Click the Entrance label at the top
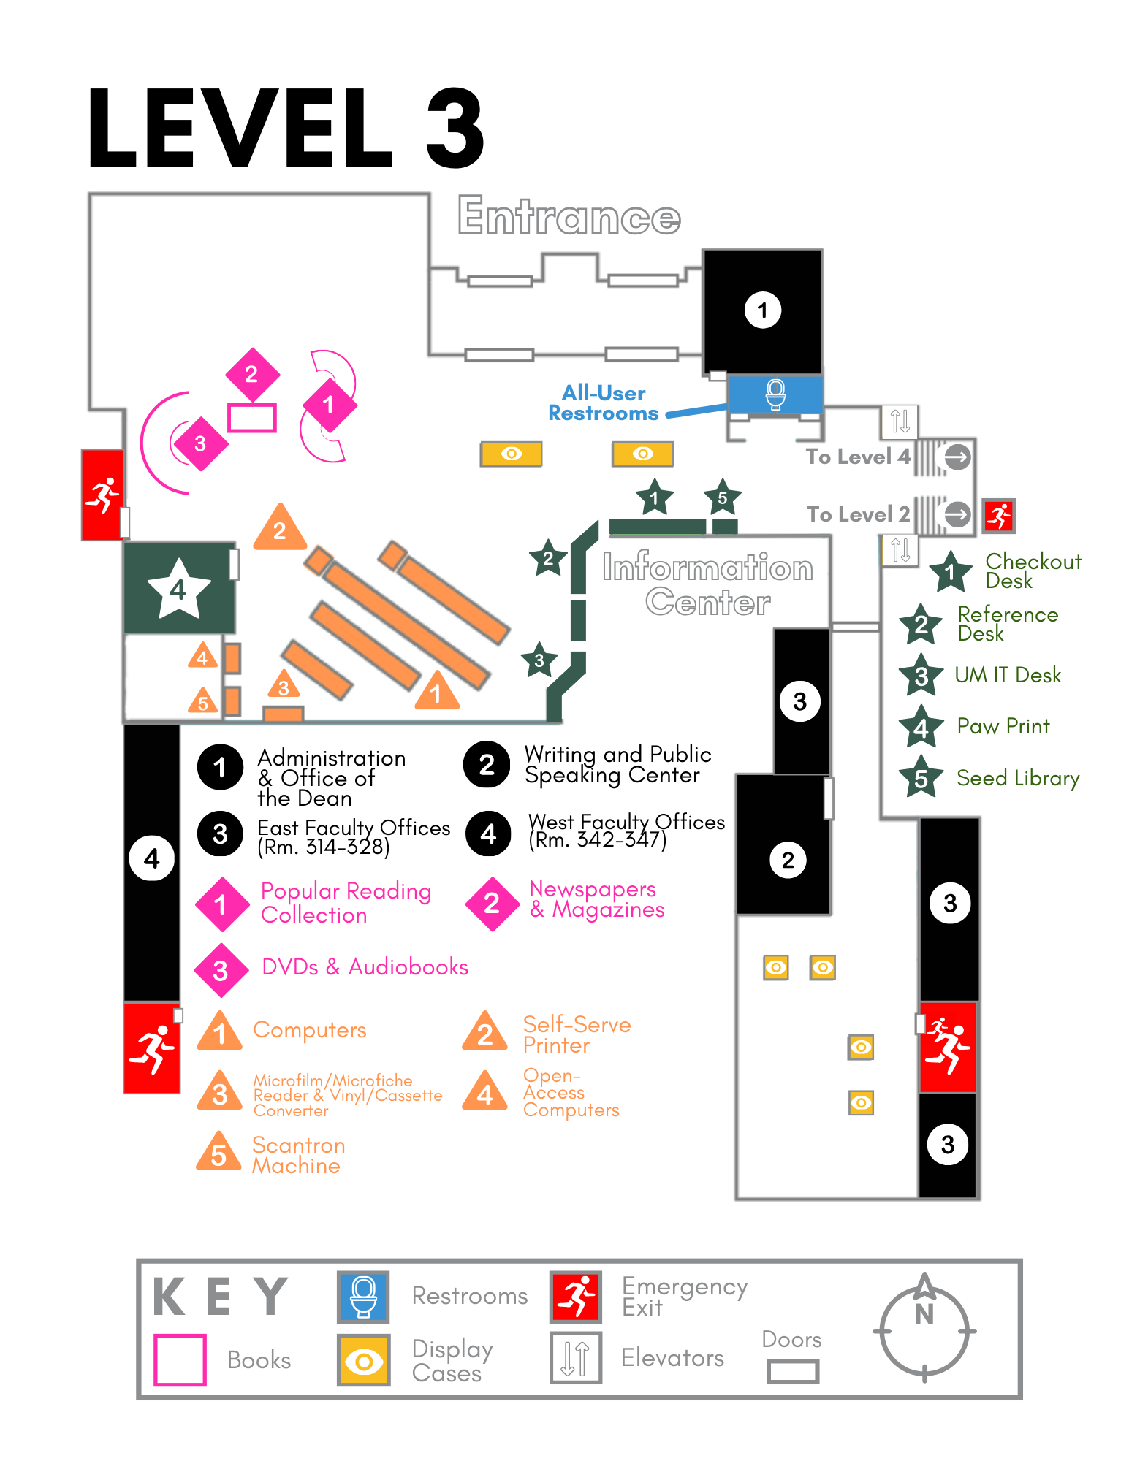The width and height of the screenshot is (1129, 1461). point(569,216)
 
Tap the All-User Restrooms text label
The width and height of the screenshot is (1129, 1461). point(603,403)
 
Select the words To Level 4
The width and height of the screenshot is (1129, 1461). point(858,457)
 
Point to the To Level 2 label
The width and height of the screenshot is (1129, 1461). point(858,514)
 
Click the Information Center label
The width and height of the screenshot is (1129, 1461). point(707,584)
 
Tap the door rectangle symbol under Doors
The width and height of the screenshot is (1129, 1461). point(793,1371)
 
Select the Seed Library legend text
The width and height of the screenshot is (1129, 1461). point(1017,779)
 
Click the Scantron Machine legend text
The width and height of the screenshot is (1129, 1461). point(298,1155)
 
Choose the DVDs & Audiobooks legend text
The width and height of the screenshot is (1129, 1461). point(365,967)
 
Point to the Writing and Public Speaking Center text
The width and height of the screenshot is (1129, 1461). point(617,764)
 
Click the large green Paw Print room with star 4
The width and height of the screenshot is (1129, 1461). point(179,588)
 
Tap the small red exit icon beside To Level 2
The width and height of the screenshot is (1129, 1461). point(998,516)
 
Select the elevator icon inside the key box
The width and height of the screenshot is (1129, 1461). point(576,1358)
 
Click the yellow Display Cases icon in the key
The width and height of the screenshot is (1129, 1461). point(363,1360)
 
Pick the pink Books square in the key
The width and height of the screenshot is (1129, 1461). point(180,1359)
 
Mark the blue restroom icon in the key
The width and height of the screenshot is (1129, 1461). point(363,1297)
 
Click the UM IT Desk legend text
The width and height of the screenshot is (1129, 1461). point(1008,675)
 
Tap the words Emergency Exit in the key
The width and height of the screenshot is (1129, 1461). point(684,1297)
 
